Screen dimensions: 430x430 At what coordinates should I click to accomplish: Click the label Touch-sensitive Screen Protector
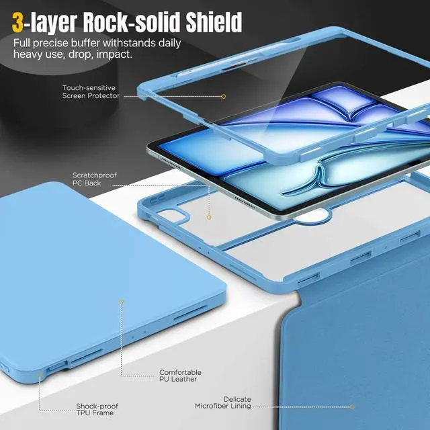[91, 91]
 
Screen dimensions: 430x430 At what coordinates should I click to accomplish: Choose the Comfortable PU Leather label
[180, 376]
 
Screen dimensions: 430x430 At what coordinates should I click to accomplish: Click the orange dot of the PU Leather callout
[121, 302]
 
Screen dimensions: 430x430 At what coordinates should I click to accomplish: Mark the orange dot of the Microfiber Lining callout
[353, 406]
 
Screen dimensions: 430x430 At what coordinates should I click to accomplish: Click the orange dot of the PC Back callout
[209, 217]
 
